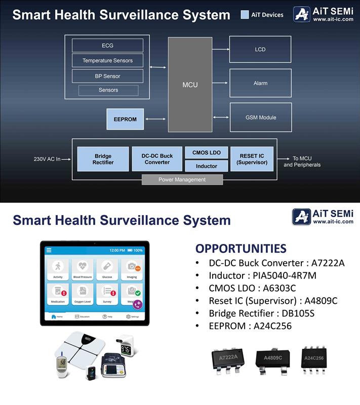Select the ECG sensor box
107,46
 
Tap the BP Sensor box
107,76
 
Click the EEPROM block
125,119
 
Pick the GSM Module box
260,117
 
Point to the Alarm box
260,83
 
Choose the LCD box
260,49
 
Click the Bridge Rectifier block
103,159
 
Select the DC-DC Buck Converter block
157,159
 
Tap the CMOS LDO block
206,152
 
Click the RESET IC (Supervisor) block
252,159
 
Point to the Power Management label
182,179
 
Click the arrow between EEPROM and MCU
155,119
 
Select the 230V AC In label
47,159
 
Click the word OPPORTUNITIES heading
241,249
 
